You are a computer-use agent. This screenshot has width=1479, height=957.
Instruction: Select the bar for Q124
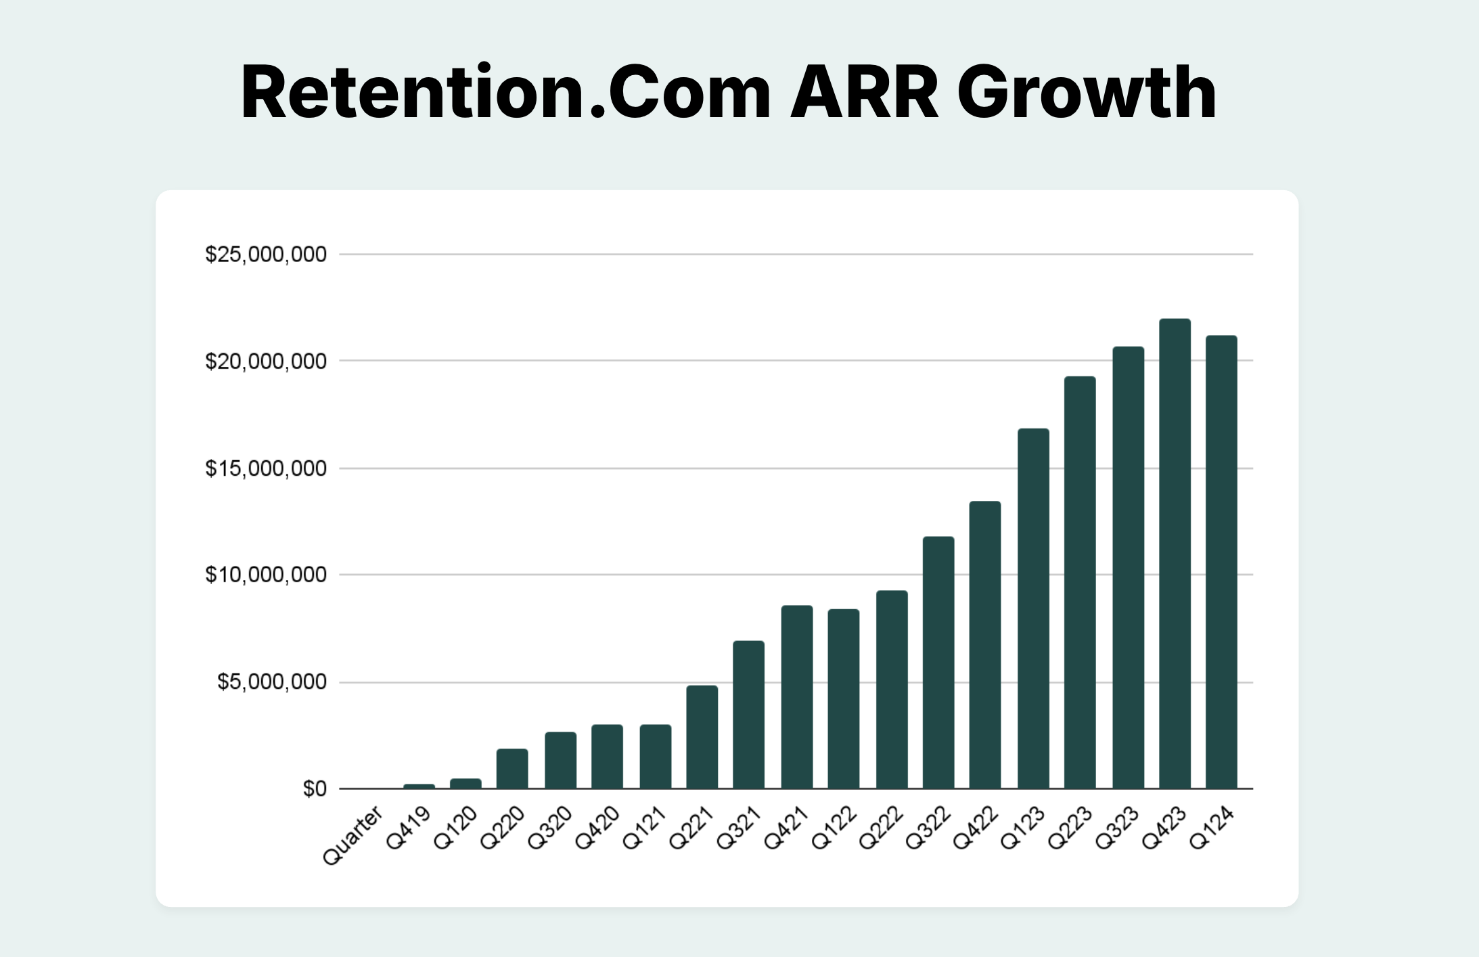[x=1221, y=562]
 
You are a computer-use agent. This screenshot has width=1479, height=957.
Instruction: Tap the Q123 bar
[x=1033, y=608]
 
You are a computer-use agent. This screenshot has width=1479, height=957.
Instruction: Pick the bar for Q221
[x=702, y=737]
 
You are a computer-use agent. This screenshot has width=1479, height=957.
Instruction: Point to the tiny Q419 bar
[x=419, y=786]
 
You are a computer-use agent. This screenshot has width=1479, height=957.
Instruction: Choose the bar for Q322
[x=938, y=663]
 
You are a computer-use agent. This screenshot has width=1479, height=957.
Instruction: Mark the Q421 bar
[x=797, y=697]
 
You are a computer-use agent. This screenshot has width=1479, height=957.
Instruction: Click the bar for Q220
[x=512, y=769]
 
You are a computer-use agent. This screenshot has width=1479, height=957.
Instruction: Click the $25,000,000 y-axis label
[x=266, y=254]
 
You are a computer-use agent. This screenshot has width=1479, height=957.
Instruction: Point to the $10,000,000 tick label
[x=266, y=575]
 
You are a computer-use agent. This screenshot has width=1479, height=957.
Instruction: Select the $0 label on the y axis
[x=315, y=789]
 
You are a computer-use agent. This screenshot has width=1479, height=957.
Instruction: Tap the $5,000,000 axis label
[x=272, y=682]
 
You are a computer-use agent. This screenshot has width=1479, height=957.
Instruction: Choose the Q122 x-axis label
[x=834, y=828]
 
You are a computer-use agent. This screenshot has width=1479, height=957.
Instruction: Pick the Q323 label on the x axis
[x=1118, y=828]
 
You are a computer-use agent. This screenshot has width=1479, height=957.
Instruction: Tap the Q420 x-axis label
[x=597, y=828]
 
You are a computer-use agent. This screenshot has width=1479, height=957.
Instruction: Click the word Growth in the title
[x=1087, y=92]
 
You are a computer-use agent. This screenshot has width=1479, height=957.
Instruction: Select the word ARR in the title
[x=865, y=92]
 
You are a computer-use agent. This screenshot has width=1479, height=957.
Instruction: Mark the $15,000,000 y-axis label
[x=266, y=468]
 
